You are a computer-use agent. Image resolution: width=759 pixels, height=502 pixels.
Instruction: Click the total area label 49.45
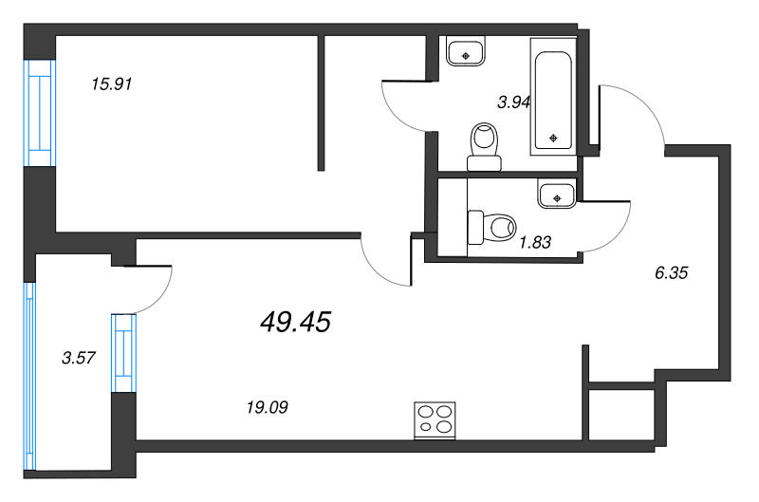[294, 325]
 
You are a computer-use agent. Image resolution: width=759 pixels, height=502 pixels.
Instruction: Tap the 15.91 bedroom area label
[111, 84]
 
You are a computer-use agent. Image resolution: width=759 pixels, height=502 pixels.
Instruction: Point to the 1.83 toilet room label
[535, 242]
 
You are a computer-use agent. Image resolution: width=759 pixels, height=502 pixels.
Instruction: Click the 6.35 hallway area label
[671, 272]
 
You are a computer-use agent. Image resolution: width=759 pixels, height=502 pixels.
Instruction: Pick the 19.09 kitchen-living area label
[268, 407]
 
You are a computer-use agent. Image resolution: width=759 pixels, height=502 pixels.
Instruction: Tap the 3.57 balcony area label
[78, 358]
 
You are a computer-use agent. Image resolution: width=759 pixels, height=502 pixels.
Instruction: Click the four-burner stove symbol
[435, 420]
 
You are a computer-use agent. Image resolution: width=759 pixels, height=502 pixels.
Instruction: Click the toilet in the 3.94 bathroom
[485, 144]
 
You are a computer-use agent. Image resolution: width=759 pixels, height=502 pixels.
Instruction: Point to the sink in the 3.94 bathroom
[465, 52]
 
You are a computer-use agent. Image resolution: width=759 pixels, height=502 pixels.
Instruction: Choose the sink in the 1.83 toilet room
[556, 195]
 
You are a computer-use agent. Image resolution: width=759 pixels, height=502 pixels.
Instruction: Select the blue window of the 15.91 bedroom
[40, 112]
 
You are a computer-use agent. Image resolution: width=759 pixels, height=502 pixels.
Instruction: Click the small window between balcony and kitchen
[124, 352]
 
